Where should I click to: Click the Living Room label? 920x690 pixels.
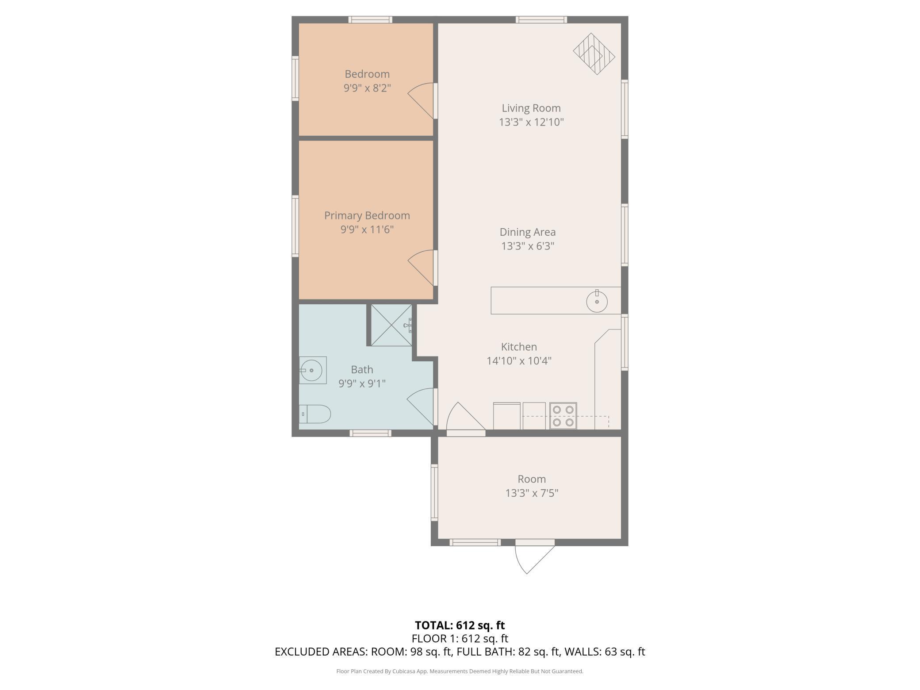point(531,108)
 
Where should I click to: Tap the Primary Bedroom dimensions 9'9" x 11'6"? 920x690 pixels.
point(367,230)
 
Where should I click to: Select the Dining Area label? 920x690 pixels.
point(528,232)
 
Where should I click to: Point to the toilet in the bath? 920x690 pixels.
point(315,414)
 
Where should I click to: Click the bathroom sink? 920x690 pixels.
point(313,370)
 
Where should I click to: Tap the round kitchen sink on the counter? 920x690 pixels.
point(597,301)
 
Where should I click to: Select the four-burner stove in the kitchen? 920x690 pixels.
point(563,416)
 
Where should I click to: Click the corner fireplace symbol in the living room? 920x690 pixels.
point(594,54)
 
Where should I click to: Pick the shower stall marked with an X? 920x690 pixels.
point(391,325)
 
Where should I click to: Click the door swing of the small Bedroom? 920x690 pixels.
point(421,101)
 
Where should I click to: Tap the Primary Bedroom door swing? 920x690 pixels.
point(421,268)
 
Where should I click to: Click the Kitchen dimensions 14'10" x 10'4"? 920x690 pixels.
point(519,361)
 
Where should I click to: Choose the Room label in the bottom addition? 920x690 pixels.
point(532,479)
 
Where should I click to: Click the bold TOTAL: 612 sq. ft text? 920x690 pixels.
point(460,625)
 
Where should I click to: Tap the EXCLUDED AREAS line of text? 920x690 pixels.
point(460,652)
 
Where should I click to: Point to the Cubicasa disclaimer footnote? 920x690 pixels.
point(460,671)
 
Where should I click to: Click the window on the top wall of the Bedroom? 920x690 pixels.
point(370,19)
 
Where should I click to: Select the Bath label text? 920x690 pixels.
point(362,369)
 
